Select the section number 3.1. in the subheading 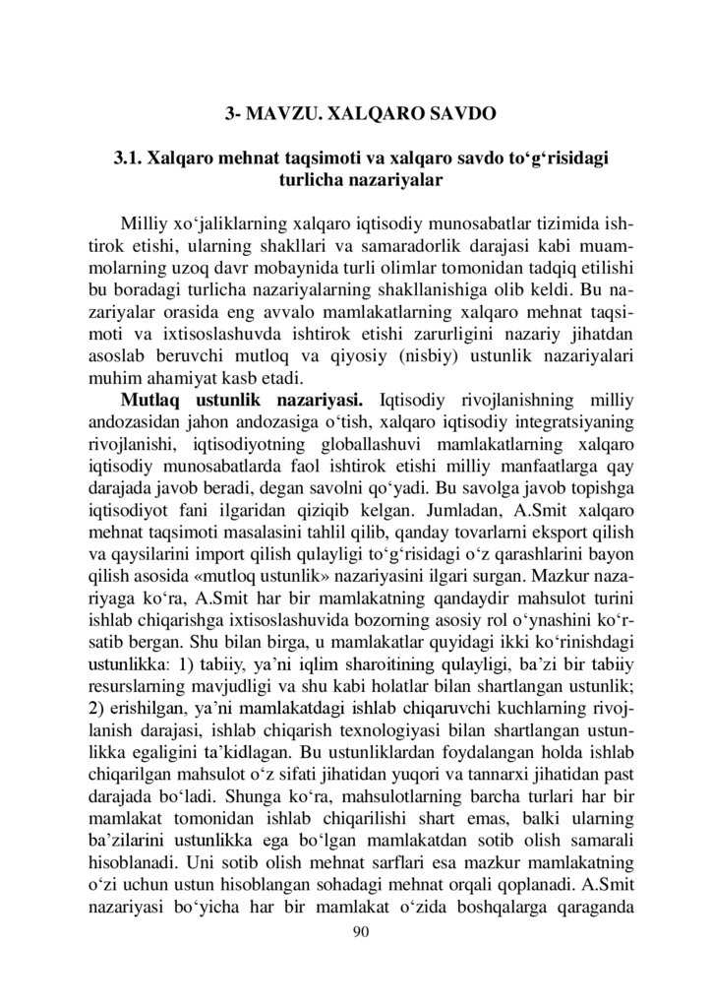(136, 159)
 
